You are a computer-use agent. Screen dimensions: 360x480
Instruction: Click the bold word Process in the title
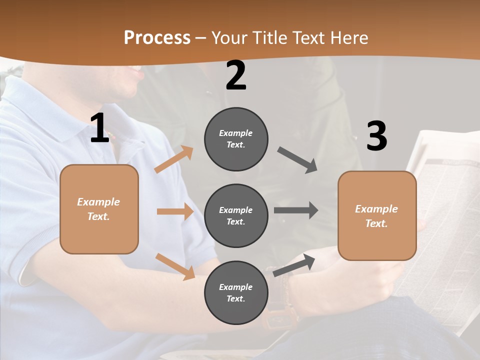(x=157, y=37)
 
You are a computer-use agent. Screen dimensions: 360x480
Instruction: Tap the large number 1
(x=99, y=128)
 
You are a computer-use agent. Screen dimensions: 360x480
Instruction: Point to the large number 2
(x=236, y=75)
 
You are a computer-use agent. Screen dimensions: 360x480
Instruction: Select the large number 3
(x=376, y=136)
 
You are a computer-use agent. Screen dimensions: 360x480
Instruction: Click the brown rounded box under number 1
(x=99, y=209)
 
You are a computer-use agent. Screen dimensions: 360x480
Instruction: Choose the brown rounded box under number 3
(x=377, y=215)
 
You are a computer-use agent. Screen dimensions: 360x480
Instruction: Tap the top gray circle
(x=236, y=139)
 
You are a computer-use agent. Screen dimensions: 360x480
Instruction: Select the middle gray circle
(x=236, y=215)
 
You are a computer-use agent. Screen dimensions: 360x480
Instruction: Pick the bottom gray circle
(x=236, y=292)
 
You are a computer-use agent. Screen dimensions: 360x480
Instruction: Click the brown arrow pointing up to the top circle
(x=174, y=159)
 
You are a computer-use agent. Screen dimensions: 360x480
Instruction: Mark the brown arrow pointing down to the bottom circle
(x=175, y=266)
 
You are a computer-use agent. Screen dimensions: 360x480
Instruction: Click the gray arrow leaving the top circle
(x=297, y=160)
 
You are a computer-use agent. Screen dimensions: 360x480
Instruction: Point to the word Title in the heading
(x=269, y=37)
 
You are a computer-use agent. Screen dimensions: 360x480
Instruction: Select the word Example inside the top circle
(x=235, y=133)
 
